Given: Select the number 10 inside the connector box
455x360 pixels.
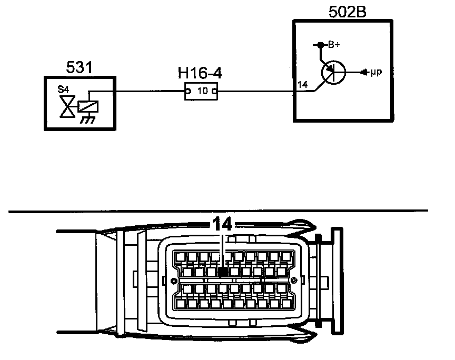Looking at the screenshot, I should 202,91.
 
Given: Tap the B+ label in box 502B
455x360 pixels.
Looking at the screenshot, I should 334,45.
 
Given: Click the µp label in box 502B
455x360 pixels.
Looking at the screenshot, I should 375,72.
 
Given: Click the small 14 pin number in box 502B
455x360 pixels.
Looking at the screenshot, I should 302,85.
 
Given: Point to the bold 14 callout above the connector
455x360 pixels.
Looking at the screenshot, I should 222,224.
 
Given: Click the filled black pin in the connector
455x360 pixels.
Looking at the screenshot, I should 223,272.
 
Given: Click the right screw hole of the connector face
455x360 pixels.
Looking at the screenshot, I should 295,279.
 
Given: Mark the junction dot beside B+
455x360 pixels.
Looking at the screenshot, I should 319,45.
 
